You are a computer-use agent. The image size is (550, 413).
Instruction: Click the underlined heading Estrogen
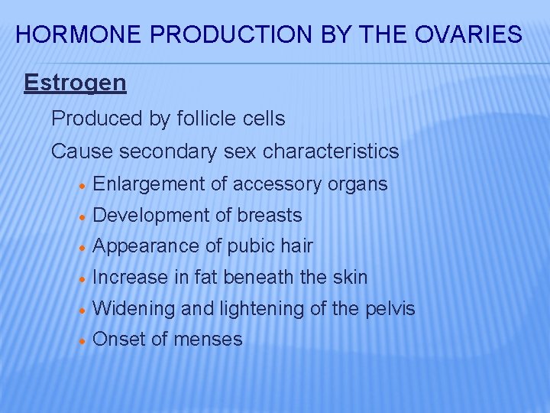(x=75, y=83)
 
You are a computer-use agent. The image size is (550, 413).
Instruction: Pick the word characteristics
(x=331, y=151)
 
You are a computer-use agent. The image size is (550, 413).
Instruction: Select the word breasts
(x=269, y=216)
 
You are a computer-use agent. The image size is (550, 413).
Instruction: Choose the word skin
(x=350, y=277)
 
